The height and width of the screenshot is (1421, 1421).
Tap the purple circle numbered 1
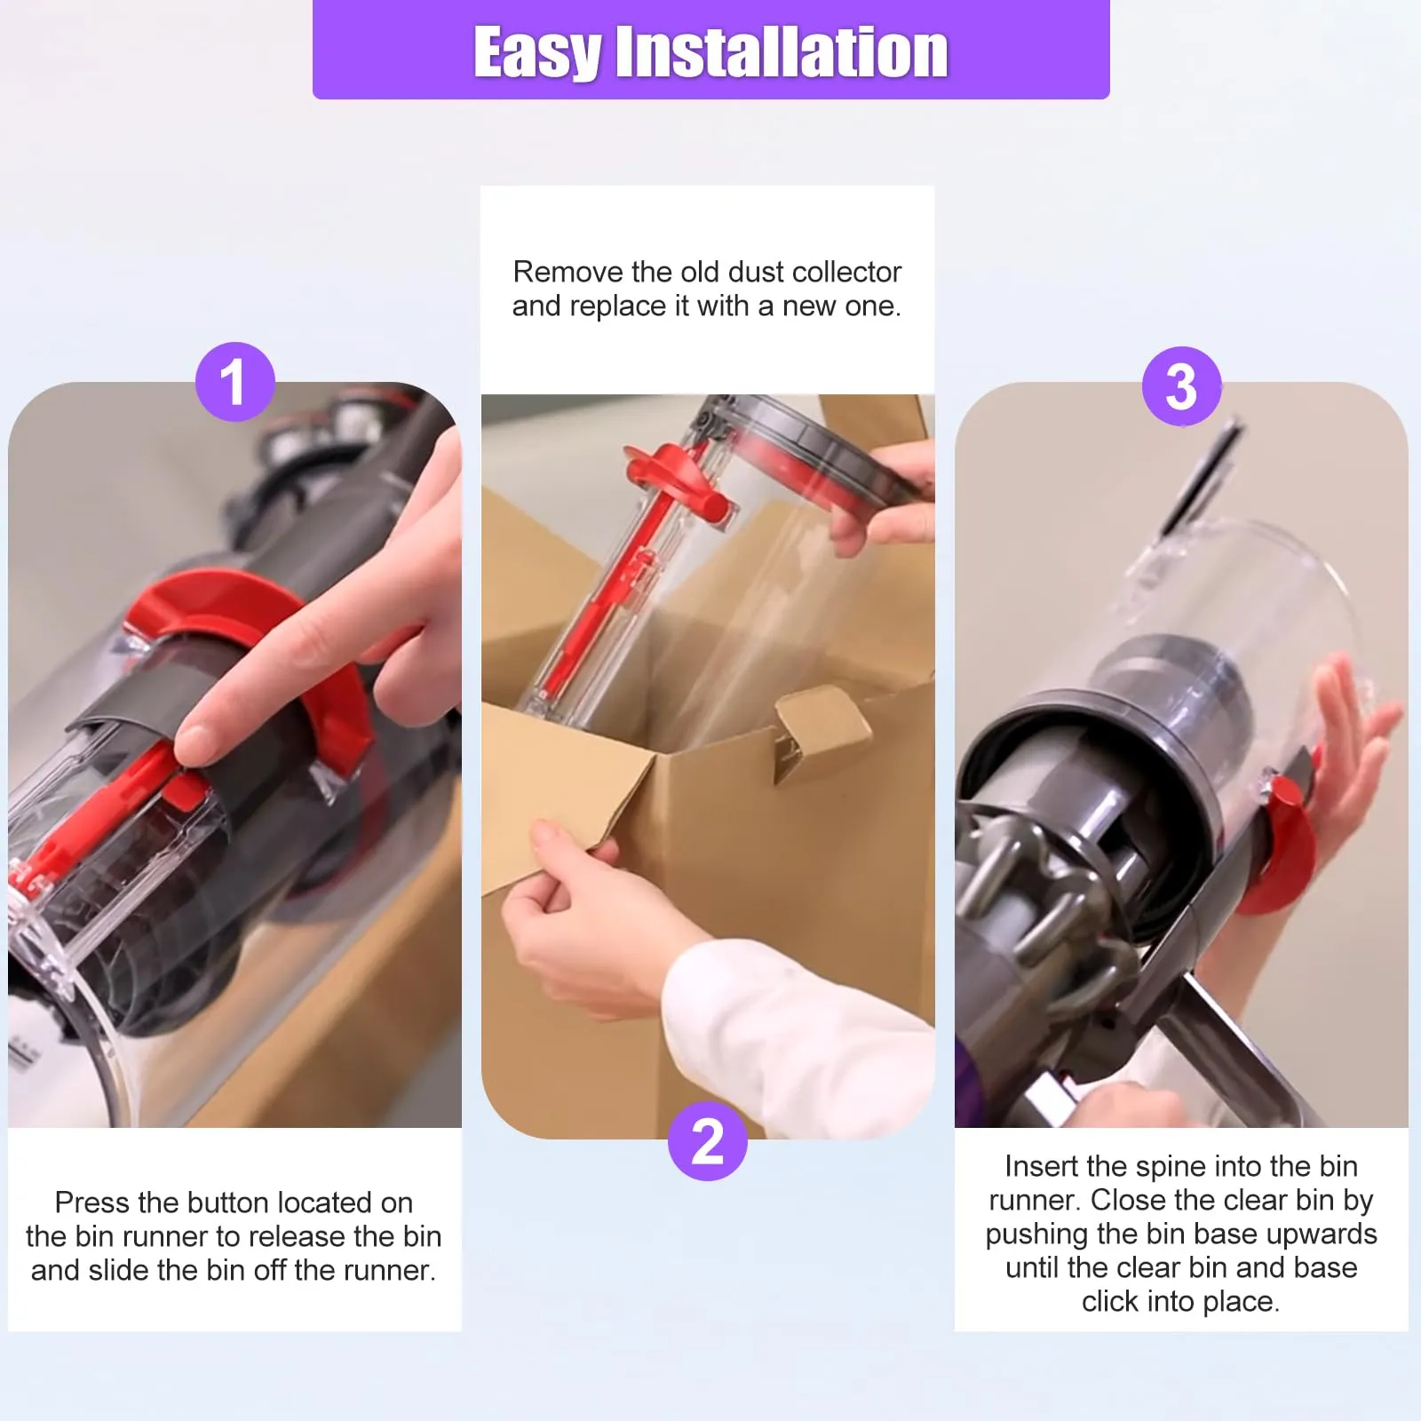234,382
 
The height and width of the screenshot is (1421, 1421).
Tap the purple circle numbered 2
707,1141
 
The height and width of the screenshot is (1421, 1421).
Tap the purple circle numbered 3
1181,386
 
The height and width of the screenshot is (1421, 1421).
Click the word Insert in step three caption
1041,1166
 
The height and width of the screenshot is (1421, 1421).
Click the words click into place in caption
1179,1301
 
